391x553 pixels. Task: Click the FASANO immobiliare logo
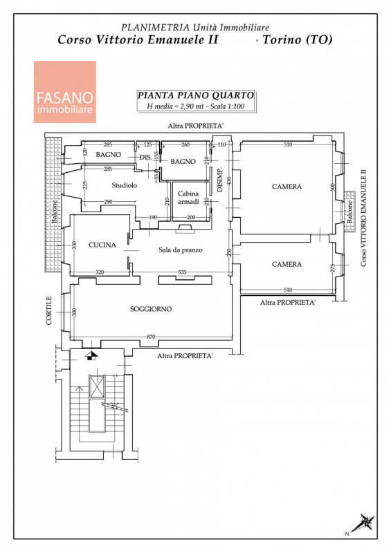click(x=64, y=92)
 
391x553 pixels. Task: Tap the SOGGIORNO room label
click(x=151, y=309)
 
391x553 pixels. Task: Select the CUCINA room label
click(x=102, y=245)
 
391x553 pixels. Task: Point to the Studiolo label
click(x=125, y=185)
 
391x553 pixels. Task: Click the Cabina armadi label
click(x=188, y=198)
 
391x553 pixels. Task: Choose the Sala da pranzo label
click(x=181, y=250)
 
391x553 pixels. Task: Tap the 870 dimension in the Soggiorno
click(x=151, y=337)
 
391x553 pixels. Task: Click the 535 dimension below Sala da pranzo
click(x=182, y=272)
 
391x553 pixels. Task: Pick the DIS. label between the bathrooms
click(x=146, y=158)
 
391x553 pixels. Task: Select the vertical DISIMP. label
click(x=220, y=180)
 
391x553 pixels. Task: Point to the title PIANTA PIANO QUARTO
click(x=196, y=95)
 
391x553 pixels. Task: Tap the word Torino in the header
click(x=282, y=39)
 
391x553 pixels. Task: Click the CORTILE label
click(x=49, y=310)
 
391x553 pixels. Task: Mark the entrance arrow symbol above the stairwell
click(x=91, y=355)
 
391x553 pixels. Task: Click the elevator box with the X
click(x=97, y=386)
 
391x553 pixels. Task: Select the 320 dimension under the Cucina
click(x=100, y=272)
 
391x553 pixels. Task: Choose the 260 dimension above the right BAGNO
click(x=185, y=144)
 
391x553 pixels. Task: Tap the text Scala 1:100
click(x=227, y=106)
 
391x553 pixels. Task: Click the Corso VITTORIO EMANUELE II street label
click(x=363, y=218)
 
